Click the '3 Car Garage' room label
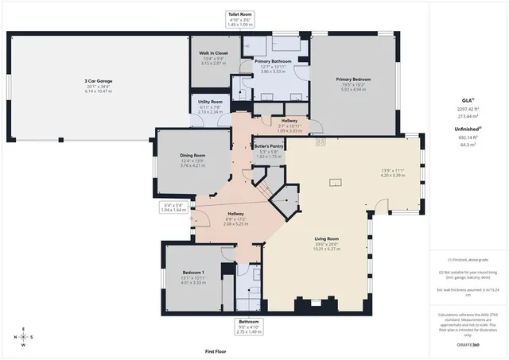(98, 81)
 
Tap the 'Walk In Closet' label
(213, 53)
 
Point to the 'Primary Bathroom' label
(273, 60)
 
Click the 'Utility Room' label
(211, 102)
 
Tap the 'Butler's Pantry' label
(270, 146)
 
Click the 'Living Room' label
(328, 238)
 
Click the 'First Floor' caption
(216, 350)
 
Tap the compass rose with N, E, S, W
(23, 337)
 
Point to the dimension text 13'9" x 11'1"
(393, 169)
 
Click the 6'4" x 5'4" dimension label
(172, 204)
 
